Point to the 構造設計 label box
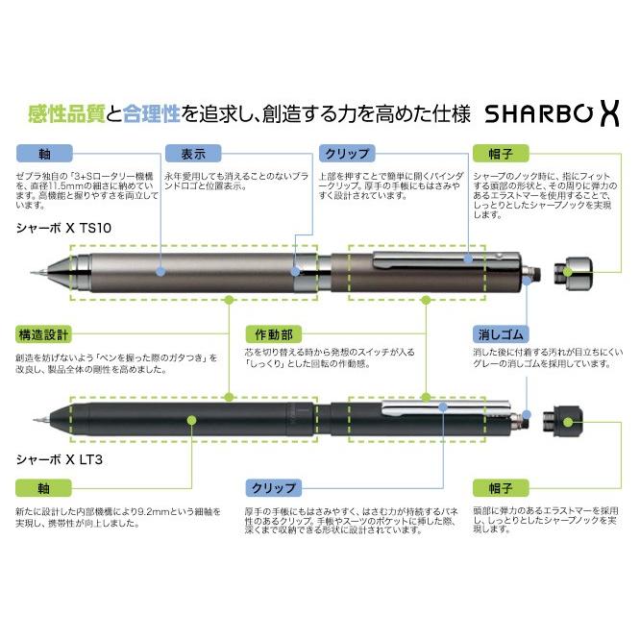(x=43, y=334)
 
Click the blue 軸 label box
(x=43, y=154)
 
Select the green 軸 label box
(x=43, y=486)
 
